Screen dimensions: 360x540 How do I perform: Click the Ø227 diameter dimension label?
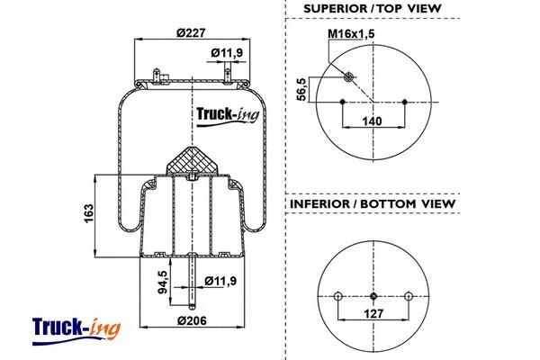[191, 33]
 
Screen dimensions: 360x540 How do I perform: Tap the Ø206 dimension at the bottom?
[191, 321]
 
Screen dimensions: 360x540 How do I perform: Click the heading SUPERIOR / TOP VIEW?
[373, 9]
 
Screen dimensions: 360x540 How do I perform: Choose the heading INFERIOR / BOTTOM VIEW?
[373, 204]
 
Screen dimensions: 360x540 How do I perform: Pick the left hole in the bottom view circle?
[338, 295]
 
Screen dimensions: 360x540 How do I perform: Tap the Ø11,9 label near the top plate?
[227, 53]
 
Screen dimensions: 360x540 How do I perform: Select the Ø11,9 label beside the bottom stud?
[220, 282]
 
